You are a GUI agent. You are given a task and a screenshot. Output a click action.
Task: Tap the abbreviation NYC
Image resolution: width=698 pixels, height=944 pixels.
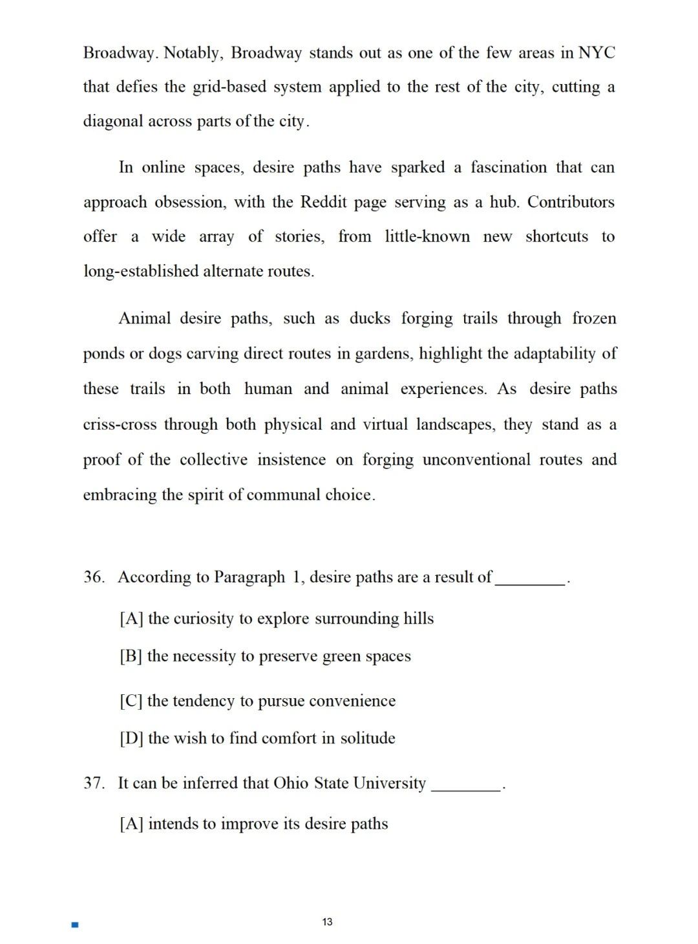597,52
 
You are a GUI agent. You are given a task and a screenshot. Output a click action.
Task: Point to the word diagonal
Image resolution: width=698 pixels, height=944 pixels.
113,121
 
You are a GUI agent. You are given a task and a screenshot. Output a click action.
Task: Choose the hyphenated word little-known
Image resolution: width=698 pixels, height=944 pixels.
427,236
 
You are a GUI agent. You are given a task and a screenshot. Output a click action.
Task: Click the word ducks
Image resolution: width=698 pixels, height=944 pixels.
370,318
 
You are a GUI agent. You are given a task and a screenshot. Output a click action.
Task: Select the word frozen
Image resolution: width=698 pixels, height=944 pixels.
594,318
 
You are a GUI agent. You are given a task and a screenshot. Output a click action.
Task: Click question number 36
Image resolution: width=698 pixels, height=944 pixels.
94,577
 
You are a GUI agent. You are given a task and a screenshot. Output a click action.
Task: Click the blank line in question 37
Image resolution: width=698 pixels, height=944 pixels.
466,788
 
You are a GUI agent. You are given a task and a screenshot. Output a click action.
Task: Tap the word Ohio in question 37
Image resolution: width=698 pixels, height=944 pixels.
291,783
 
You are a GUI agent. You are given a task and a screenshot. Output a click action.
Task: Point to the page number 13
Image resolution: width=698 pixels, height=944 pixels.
327,922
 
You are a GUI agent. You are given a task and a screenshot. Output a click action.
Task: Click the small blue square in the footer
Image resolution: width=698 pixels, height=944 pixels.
75,925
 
